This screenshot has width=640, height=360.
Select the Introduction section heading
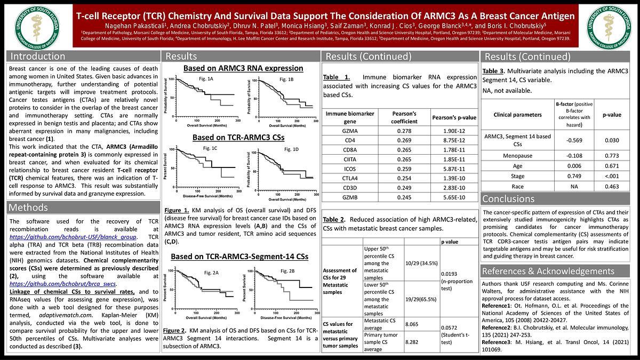[x=38, y=57]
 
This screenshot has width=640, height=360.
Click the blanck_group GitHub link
[x=74, y=237]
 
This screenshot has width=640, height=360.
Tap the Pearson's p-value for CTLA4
[x=454, y=178]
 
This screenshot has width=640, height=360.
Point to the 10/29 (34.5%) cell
[x=421, y=263]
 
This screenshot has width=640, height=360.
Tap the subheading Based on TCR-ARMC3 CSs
[x=238, y=138]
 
